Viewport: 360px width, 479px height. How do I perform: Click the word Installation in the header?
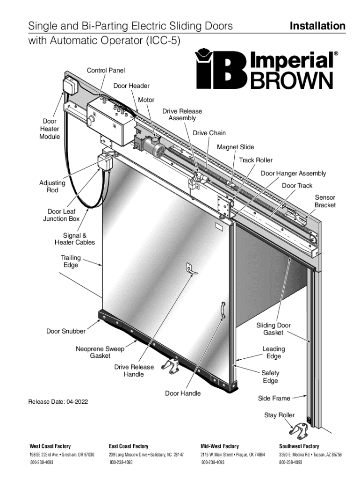(x=317, y=26)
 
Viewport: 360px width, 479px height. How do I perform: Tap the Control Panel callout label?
(x=106, y=70)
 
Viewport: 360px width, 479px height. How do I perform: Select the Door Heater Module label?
(x=50, y=129)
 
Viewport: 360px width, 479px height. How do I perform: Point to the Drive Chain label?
(x=209, y=133)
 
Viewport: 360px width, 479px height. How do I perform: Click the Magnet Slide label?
(x=235, y=147)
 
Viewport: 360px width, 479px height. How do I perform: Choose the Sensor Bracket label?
(x=324, y=202)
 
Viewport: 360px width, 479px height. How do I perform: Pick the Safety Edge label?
(x=270, y=377)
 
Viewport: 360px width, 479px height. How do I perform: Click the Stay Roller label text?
(x=279, y=415)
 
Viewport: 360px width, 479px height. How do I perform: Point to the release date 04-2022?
(x=58, y=402)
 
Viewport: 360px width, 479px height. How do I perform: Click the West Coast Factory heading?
(x=50, y=446)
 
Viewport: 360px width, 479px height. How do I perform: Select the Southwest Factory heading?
(x=299, y=446)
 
